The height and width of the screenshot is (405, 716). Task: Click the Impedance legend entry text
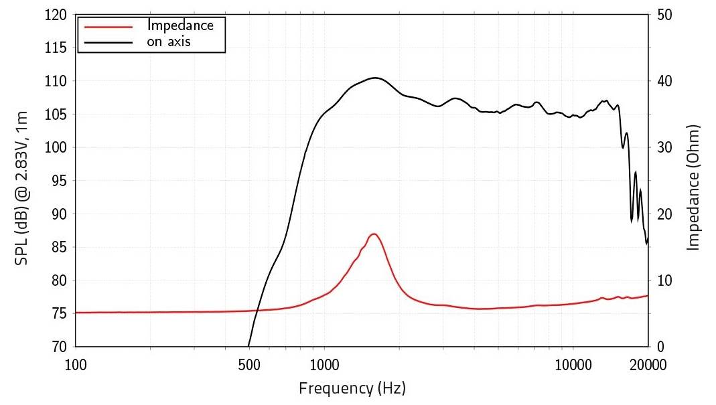click(180, 26)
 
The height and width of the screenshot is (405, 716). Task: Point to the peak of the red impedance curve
click(374, 234)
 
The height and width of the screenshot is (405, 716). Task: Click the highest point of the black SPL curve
click(374, 78)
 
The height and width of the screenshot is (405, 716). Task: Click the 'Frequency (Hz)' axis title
click(352, 388)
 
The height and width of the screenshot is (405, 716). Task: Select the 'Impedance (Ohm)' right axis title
click(694, 187)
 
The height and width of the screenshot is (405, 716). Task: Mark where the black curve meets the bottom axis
click(248, 346)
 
